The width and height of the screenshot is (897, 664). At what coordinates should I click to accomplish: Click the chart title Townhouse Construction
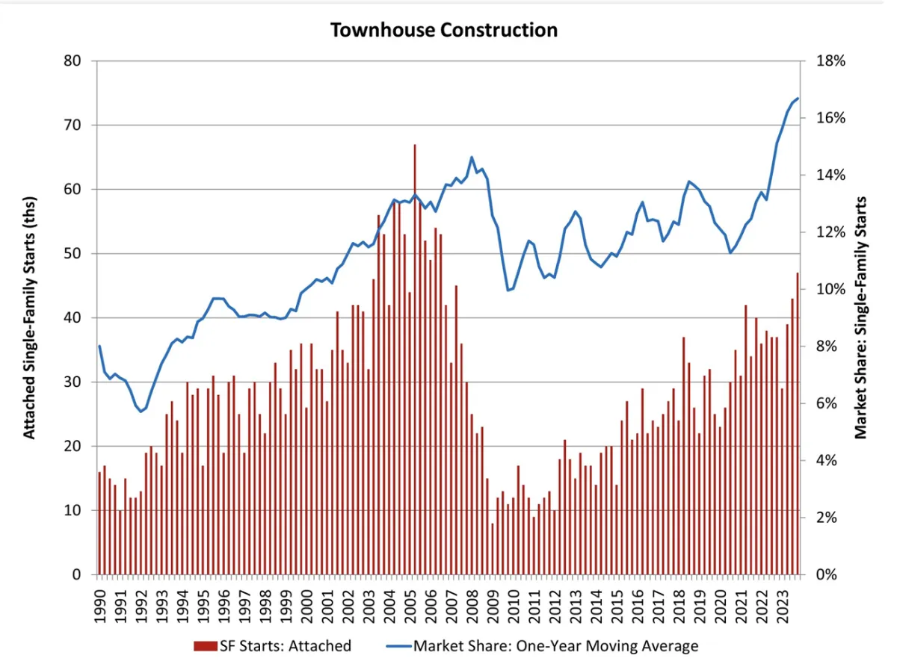[444, 30]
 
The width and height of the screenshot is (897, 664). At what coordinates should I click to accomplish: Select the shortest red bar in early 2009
[492, 549]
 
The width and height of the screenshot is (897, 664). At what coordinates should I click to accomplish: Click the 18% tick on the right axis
[830, 61]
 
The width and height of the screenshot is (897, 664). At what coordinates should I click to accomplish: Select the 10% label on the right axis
[830, 290]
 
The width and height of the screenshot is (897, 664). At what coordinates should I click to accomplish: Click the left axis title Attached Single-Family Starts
[29, 317]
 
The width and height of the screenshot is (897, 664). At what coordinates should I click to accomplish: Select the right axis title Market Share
[862, 317]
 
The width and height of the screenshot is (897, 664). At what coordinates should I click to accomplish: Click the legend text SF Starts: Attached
[285, 646]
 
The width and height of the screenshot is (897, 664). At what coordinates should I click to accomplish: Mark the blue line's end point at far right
[798, 99]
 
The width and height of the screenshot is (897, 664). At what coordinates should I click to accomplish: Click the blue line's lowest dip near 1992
[140, 412]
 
